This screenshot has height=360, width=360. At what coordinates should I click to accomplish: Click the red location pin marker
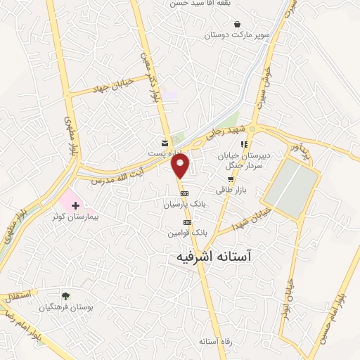[181, 166]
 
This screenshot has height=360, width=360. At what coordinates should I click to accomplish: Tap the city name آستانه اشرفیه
[220, 257]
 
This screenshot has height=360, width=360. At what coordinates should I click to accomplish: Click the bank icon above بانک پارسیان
[184, 193]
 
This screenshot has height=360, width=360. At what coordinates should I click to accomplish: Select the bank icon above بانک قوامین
[187, 222]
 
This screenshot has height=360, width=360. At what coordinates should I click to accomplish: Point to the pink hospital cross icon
[75, 205]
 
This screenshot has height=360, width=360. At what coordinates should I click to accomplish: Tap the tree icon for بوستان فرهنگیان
[65, 296]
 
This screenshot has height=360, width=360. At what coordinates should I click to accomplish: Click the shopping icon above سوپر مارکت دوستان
[236, 23]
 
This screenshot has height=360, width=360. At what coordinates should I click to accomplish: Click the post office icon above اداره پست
[165, 142]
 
